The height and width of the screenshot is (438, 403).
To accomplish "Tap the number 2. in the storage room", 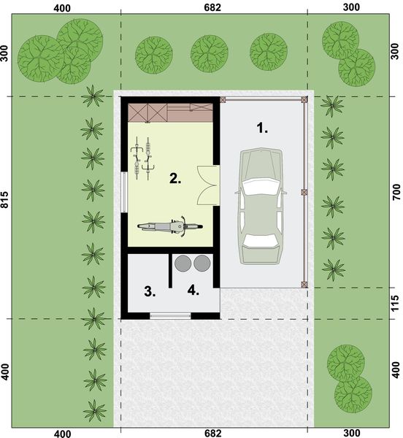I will tap(174, 177).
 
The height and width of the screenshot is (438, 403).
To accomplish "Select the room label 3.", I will tap(150, 292).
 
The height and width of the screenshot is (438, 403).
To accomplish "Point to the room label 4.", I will tap(193, 291).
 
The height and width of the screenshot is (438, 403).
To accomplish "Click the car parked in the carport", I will tap(260, 207).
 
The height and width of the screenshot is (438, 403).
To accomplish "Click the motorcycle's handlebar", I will tap(180, 226).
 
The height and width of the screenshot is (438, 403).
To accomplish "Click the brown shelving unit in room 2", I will tap(170, 113).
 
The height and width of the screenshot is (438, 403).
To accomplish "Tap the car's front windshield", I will tap(260, 187).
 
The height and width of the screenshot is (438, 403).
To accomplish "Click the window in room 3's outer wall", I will tap(169, 315).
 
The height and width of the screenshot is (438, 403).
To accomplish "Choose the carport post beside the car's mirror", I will tap(304, 192).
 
